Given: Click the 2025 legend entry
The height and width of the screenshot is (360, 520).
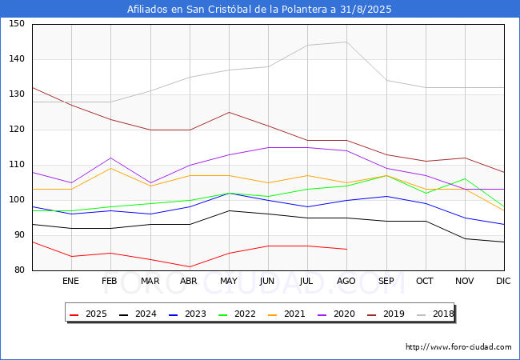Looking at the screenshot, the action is click(x=88, y=314).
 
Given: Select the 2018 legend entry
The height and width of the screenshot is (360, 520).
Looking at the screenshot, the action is click(x=435, y=314).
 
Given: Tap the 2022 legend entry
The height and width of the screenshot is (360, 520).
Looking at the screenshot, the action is click(x=237, y=314).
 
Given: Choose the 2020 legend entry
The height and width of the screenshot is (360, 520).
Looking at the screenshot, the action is click(x=336, y=314).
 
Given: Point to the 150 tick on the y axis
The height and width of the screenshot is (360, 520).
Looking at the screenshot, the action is click(x=17, y=23).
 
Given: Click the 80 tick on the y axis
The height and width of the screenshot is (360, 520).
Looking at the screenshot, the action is click(x=19, y=270).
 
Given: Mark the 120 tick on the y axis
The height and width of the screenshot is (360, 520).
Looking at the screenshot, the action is click(x=17, y=130).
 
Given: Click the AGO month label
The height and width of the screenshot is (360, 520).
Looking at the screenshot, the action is click(x=346, y=281).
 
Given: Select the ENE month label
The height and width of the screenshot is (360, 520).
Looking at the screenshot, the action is click(x=70, y=281).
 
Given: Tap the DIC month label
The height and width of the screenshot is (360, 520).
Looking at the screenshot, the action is click(x=503, y=281).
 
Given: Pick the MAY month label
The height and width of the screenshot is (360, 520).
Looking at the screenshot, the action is click(x=229, y=281).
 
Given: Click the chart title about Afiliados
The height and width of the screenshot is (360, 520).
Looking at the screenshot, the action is click(x=259, y=9).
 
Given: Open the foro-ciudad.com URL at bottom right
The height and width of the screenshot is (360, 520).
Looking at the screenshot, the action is click(x=458, y=346).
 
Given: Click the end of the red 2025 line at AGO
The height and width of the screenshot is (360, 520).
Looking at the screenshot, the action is click(x=347, y=250).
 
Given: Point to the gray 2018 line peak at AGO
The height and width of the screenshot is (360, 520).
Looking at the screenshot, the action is click(x=347, y=42).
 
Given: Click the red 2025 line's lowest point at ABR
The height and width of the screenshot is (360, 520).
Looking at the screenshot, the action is click(x=190, y=267).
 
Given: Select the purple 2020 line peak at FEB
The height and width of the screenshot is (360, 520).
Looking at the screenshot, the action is click(x=110, y=158).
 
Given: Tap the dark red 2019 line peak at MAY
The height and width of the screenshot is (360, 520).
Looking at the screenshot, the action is click(x=229, y=112).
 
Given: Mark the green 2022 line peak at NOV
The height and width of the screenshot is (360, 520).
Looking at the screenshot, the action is click(x=466, y=179).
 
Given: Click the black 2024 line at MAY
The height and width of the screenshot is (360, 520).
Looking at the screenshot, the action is click(x=229, y=210).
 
